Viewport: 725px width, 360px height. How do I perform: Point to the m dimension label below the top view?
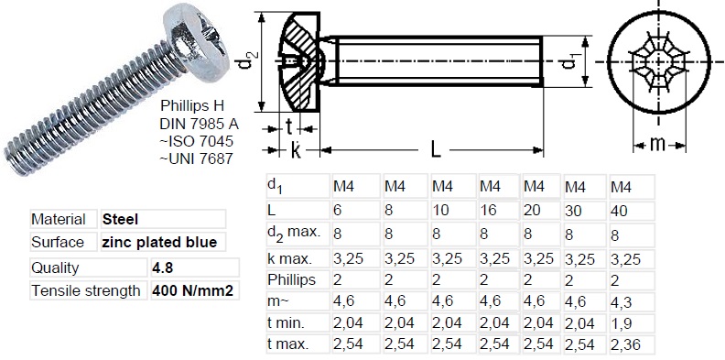click(x=656, y=143)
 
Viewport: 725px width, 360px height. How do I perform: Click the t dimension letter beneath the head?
click(x=289, y=127)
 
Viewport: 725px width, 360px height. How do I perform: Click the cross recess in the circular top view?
click(x=656, y=62)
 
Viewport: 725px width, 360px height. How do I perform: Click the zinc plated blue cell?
click(x=159, y=243)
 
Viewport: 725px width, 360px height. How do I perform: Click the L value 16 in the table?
click(x=489, y=210)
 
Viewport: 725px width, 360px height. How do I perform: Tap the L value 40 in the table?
click(x=620, y=210)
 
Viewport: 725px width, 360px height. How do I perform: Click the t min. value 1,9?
click(x=620, y=322)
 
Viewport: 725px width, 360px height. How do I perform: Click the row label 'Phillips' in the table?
click(x=291, y=278)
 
